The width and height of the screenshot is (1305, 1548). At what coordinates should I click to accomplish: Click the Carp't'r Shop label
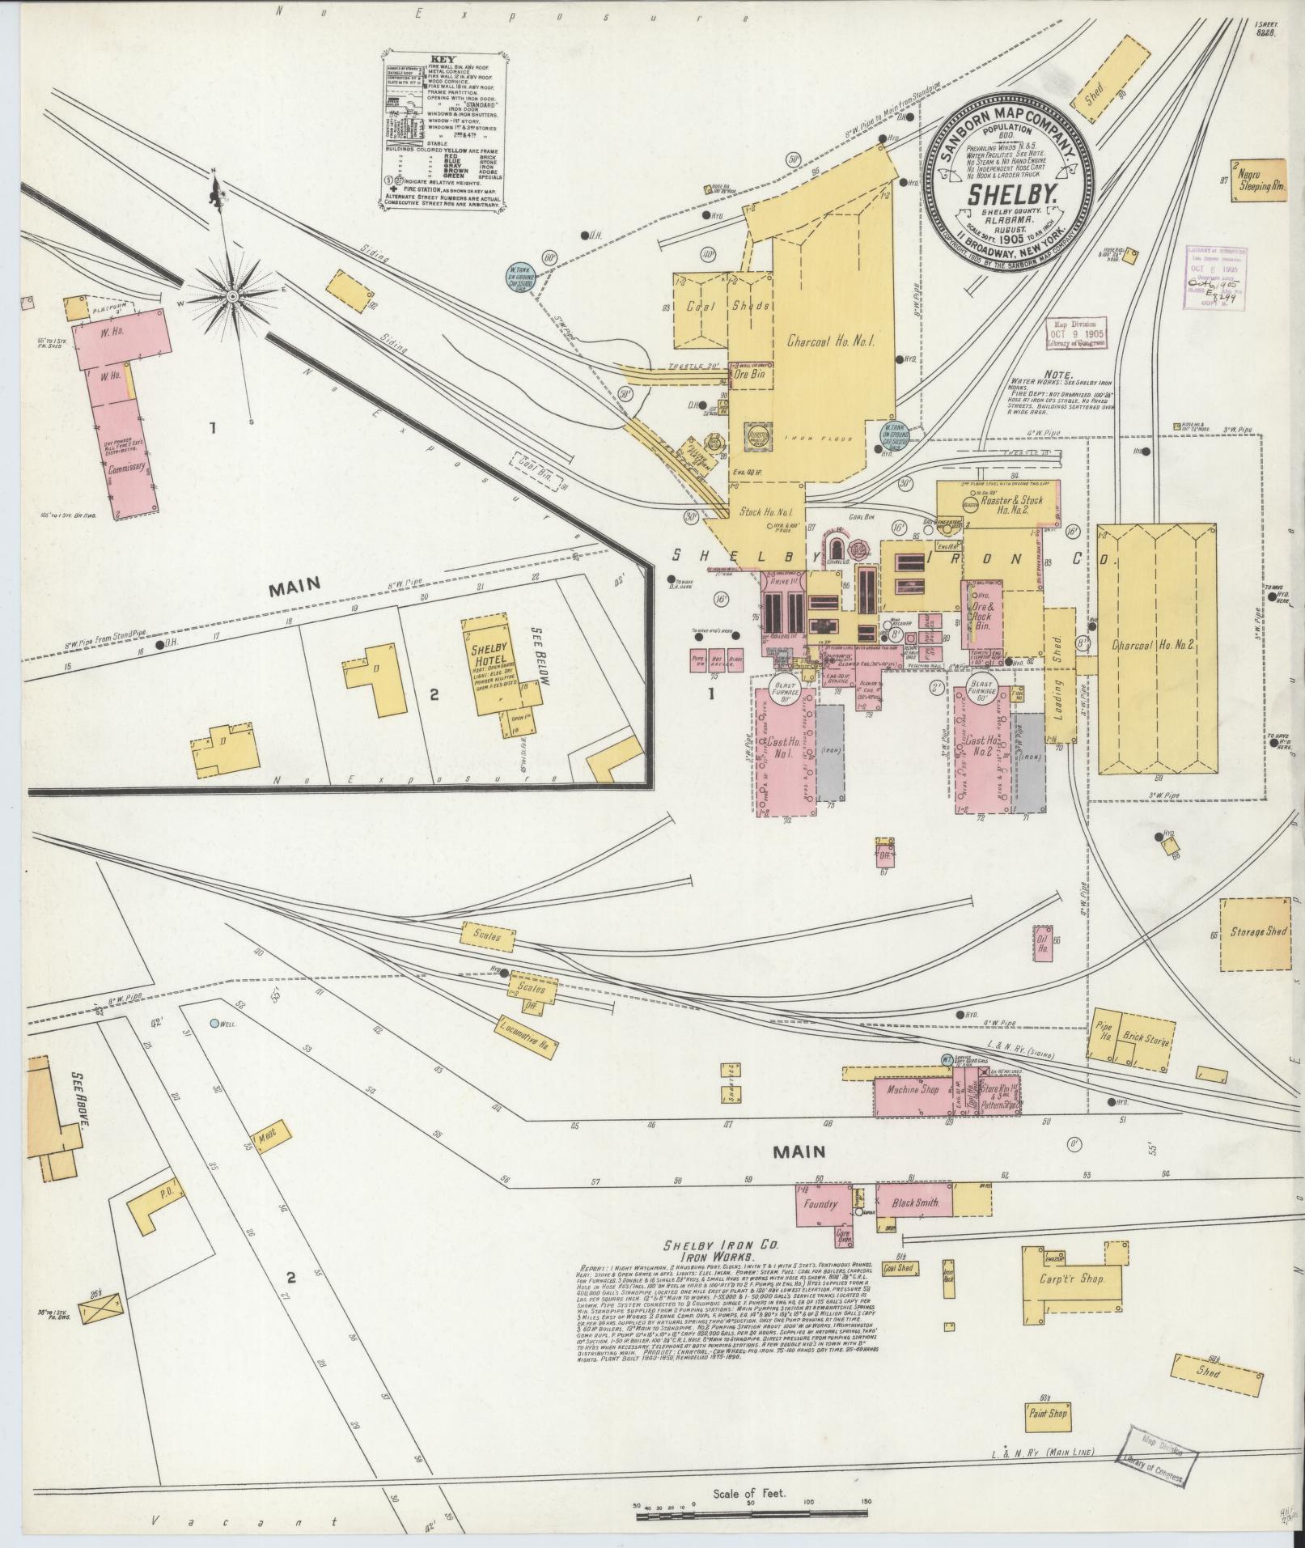(x=1072, y=1279)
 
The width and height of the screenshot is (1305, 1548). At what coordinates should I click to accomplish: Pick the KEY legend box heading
(x=443, y=59)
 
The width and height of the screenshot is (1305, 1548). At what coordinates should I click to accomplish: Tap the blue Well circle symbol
(x=214, y=1023)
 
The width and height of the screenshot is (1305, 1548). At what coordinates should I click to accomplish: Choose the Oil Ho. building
(x=1042, y=943)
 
